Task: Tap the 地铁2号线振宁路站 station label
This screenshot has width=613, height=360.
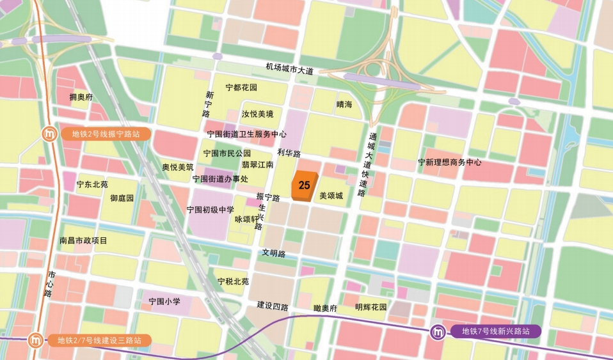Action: click(x=106, y=134)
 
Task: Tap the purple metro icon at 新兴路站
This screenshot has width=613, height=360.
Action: click(x=438, y=333)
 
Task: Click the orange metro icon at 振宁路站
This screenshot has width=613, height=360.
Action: click(x=49, y=134)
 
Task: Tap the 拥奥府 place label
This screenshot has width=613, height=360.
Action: click(x=81, y=97)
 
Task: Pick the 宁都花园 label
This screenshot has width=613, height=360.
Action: click(x=241, y=88)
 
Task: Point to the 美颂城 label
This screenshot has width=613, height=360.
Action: click(x=331, y=196)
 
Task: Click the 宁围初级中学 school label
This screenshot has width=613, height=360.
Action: click(x=211, y=209)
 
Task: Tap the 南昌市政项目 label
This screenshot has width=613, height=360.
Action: click(x=83, y=240)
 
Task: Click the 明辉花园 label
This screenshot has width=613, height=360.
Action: click(x=371, y=307)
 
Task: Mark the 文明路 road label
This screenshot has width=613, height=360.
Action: click(x=273, y=253)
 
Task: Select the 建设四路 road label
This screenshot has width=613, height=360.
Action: click(x=273, y=305)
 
